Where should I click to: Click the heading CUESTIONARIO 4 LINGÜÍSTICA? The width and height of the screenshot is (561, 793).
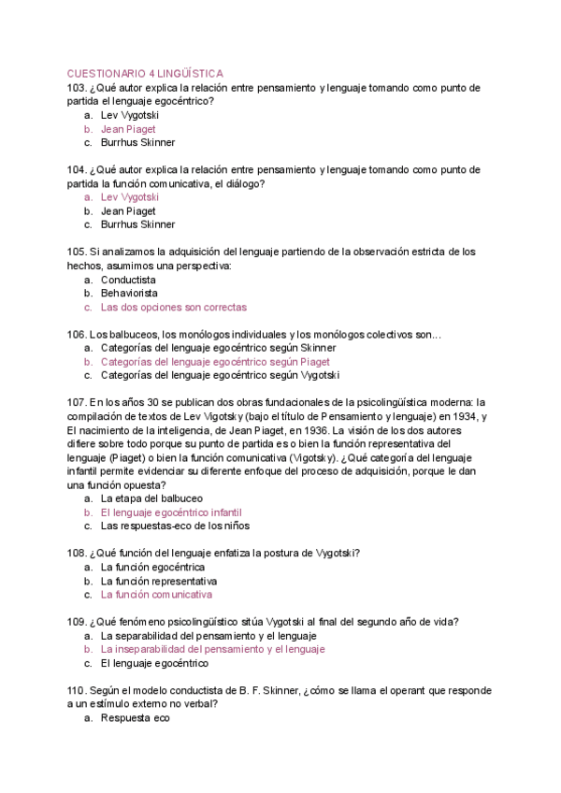pos(145,73)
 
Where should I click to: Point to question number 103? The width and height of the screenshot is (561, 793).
pos(77,88)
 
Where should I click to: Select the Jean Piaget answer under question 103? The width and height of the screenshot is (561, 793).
pos(128,129)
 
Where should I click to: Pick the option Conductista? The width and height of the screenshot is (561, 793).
pos(128,280)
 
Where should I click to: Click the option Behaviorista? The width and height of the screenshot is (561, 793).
pos(129,293)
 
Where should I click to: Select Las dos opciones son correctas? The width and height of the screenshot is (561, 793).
pos(173,307)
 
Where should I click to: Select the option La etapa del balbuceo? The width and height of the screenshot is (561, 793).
pos(151,498)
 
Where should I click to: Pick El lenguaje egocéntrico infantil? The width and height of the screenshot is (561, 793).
pos(170,512)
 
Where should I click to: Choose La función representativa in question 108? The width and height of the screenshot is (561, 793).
pos(158,581)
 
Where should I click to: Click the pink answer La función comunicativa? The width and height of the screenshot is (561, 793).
pos(156,595)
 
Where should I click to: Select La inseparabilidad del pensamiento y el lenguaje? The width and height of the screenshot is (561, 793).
pos(212,649)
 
